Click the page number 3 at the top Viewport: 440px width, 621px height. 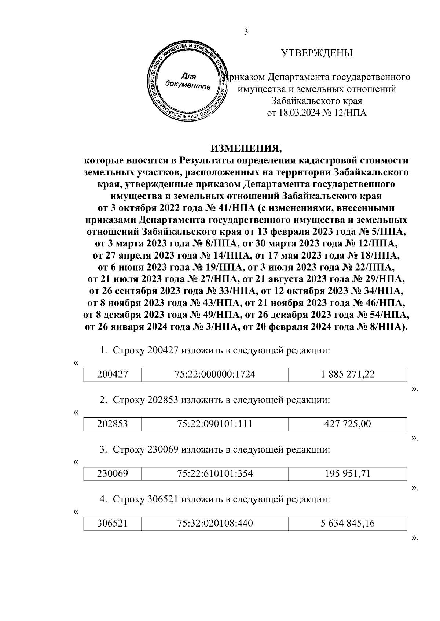[x=246, y=32]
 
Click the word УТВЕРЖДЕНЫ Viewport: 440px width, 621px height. [x=316, y=53]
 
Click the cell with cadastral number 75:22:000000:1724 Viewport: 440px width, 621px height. [x=215, y=374]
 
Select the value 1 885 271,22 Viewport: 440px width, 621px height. [x=347, y=374]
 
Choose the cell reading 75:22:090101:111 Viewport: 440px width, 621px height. [x=215, y=424]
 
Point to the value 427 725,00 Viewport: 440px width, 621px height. [x=347, y=424]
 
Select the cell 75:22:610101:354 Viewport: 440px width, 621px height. [x=215, y=474]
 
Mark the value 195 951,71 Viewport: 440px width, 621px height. [x=347, y=474]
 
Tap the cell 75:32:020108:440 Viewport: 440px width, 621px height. [x=215, y=524]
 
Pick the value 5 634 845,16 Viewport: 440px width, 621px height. [x=347, y=524]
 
